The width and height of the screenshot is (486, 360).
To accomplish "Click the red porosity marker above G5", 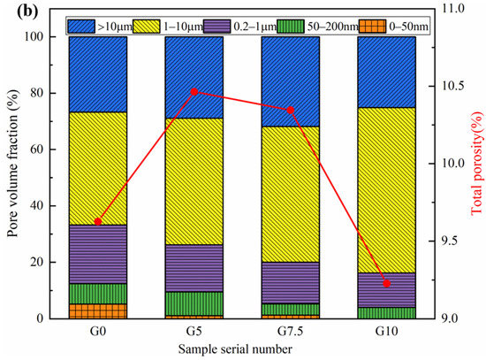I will pyautogui.click(x=194, y=92).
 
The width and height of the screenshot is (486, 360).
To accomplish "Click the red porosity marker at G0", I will pyautogui.click(x=98, y=221).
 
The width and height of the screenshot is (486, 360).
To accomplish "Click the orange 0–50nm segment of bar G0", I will pyautogui.click(x=98, y=310).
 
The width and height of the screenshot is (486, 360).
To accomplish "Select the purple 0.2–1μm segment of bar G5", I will pyautogui.click(x=194, y=268).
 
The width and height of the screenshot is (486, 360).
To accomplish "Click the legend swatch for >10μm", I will pyautogui.click(x=87, y=28).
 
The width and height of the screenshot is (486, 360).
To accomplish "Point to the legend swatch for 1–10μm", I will pyautogui.click(x=163, y=28).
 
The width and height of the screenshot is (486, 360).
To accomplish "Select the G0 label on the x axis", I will pyautogui.click(x=98, y=332).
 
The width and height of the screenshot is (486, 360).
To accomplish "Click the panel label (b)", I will pyautogui.click(x=12, y=10).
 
